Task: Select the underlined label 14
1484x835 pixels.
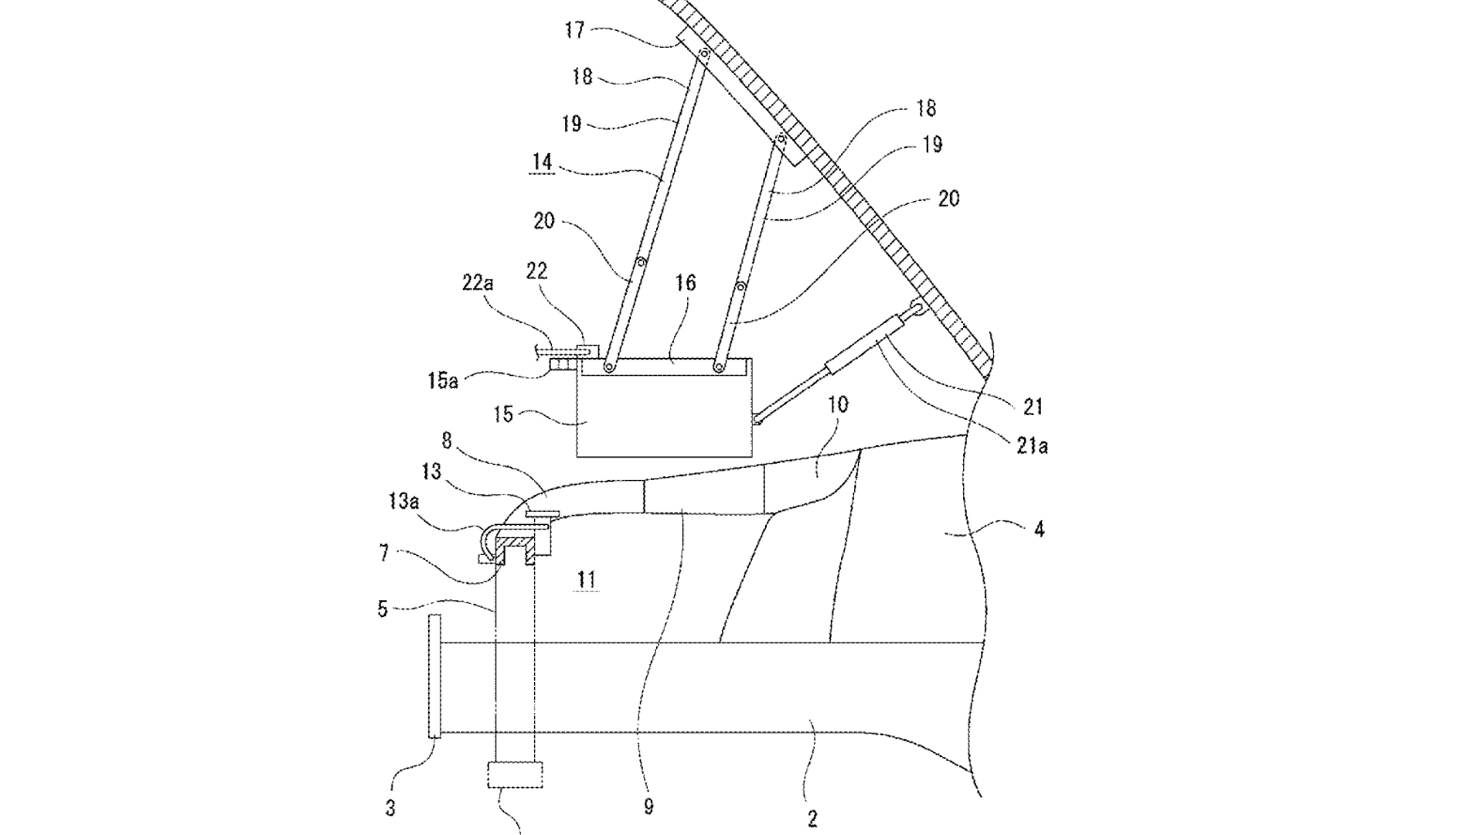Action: pos(543,163)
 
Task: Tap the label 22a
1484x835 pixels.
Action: pos(478,283)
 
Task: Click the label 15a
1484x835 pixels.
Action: pos(443,380)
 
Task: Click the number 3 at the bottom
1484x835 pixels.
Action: pos(390,809)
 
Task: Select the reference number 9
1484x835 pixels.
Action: pos(648,807)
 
